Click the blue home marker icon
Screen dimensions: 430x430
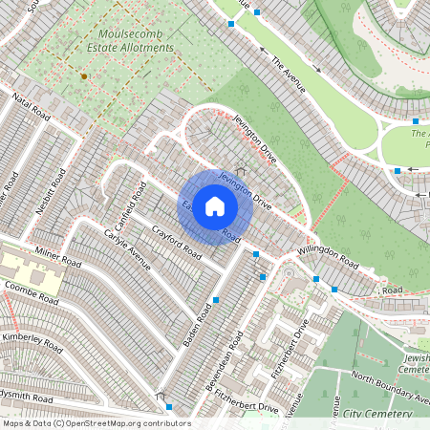[x=215, y=206]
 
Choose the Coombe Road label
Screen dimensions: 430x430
[x=33, y=287]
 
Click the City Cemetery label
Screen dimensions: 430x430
[x=377, y=414]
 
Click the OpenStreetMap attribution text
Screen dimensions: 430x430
[x=96, y=423]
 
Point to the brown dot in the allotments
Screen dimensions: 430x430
[x=84, y=75]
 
